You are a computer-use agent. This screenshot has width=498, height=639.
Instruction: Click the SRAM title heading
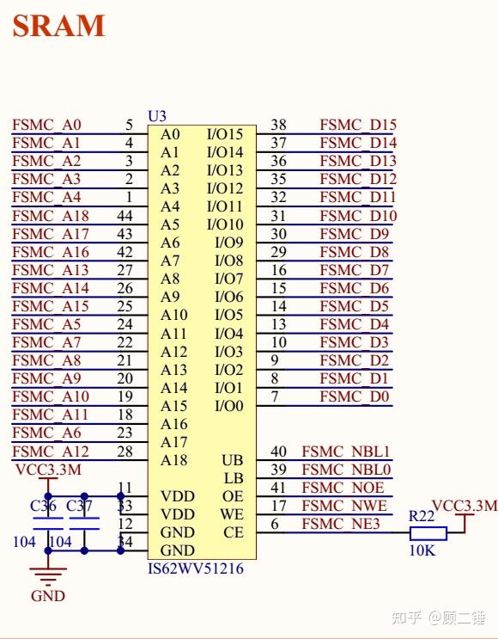coord(58,26)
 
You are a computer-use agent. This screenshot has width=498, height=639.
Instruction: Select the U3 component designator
coord(157,116)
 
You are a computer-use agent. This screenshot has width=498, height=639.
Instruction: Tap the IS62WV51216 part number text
coord(196,569)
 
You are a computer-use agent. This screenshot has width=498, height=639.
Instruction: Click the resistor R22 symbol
coord(422,532)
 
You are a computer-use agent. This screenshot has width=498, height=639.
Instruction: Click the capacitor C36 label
coord(43,507)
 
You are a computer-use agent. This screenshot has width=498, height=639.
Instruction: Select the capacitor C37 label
coord(79,507)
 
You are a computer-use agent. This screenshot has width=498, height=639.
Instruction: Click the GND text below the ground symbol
coord(47,596)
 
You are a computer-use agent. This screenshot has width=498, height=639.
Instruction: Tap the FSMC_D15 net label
coord(358,125)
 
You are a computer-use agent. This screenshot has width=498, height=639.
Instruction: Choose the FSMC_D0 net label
coord(355,396)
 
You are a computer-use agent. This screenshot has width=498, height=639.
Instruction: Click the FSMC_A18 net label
coord(51,216)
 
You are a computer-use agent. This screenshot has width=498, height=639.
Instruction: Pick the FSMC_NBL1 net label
coord(346,452)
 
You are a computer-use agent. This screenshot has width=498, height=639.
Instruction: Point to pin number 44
coord(125,216)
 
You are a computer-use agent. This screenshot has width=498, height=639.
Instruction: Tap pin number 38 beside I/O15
coord(278,125)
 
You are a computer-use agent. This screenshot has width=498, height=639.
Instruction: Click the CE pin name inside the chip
coord(234,532)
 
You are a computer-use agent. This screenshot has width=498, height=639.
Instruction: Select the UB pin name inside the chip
coord(233,460)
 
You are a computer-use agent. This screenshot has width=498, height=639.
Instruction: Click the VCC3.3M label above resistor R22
coord(464,506)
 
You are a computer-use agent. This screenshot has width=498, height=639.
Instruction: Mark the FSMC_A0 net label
coord(47,125)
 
